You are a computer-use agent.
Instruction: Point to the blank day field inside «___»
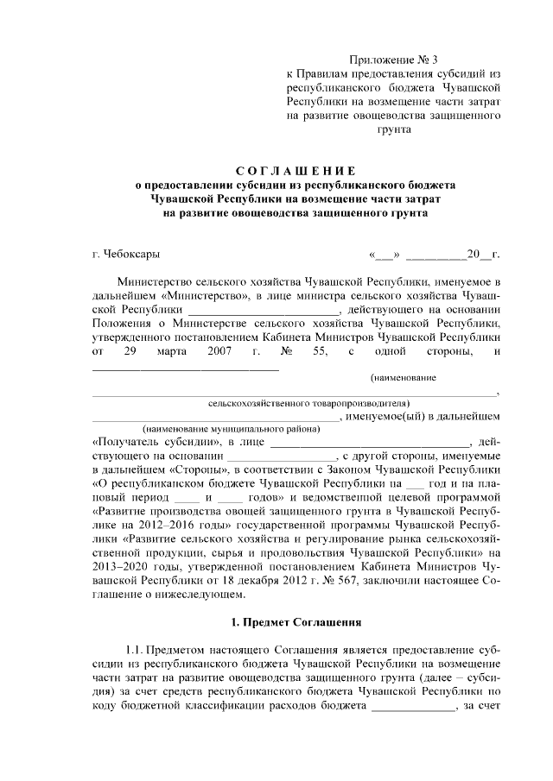384,255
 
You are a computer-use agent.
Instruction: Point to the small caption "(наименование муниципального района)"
220,428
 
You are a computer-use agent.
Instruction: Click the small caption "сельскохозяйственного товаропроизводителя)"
308,401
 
